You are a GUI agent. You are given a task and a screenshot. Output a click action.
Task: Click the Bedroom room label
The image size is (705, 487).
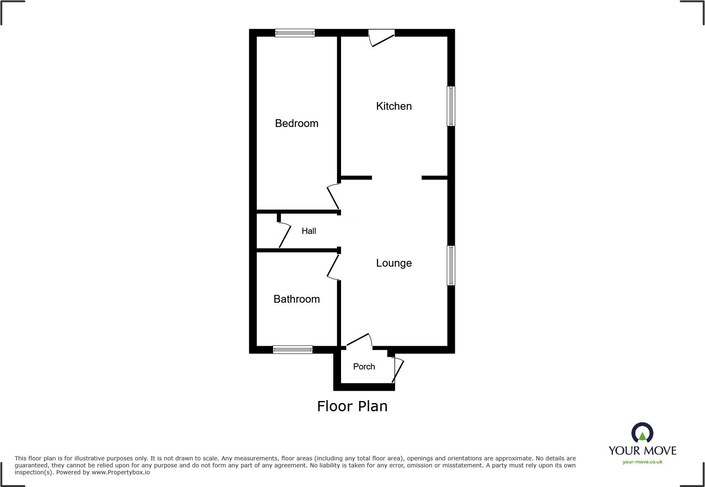[296, 123]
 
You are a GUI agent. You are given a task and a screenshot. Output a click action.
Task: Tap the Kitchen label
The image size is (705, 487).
[394, 106]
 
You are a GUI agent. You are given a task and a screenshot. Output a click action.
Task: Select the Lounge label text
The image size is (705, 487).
[394, 263]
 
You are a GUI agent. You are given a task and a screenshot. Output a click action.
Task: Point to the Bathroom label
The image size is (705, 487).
[296, 299]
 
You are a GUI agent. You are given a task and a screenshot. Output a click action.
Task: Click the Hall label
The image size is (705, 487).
[309, 231]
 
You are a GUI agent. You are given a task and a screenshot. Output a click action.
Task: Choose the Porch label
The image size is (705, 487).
[364, 367]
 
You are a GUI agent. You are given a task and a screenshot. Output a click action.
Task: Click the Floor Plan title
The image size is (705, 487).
[352, 406]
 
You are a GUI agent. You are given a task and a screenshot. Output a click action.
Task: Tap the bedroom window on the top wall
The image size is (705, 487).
[295, 33]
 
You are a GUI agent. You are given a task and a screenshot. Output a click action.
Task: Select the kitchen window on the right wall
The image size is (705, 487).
[451, 106]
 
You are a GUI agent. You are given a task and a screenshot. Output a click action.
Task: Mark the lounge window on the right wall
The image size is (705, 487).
[451, 265]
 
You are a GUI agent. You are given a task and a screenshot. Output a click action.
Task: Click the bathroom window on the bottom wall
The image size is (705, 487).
[293, 349]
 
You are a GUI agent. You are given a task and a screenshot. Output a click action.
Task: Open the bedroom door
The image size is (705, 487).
[334, 197]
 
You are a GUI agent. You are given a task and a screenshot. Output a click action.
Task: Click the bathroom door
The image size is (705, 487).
[333, 267]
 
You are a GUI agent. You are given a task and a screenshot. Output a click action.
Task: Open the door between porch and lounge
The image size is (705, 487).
[359, 341]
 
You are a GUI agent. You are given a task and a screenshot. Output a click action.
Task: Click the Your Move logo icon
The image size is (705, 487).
[642, 433]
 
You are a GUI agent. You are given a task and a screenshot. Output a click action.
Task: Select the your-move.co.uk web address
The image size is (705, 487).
[642, 462]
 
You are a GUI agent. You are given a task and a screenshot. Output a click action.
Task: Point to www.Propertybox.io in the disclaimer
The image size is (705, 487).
[121, 472]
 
